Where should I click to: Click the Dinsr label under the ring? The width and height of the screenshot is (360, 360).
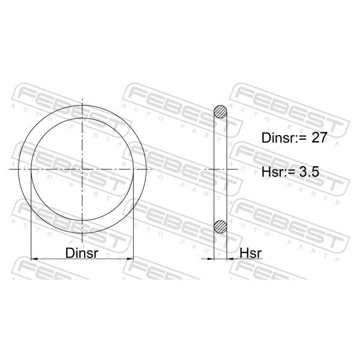coord(82,253)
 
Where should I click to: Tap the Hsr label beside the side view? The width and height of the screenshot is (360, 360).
coord(250,253)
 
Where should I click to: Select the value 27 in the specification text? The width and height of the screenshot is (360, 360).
coord(319,137)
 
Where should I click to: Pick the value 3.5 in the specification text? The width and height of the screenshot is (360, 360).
coord(309,172)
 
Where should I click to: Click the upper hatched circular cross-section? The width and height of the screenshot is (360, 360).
coord(220,112)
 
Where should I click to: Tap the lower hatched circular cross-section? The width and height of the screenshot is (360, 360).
coord(220,227)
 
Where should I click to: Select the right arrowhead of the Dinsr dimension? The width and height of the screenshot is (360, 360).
coord(130,259)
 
